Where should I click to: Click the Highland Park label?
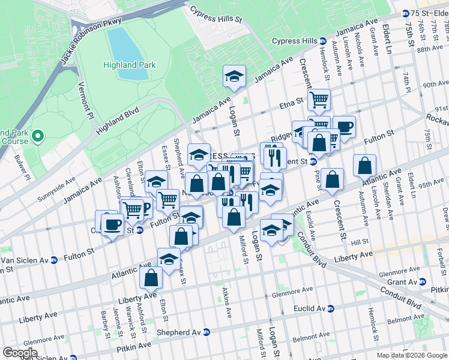(129, 65)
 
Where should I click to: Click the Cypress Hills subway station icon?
(322, 41)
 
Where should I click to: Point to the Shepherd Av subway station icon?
(206, 332)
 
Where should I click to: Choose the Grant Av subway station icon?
(422, 281)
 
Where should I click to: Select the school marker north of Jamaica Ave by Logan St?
(234, 76)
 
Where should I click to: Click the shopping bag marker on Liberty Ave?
(151, 278)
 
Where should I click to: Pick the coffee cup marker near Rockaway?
(344, 127)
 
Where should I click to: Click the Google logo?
(20, 353)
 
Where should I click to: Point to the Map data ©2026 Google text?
(412, 355)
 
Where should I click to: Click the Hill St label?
(360, 241)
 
